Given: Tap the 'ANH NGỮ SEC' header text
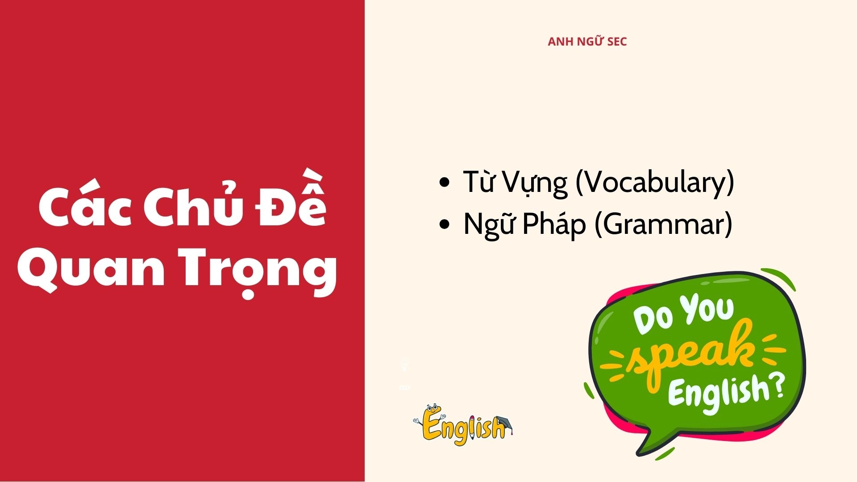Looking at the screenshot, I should click(587, 42).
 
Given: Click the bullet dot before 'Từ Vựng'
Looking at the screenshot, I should click(445, 183).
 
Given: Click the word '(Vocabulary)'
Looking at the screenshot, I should click(655, 182).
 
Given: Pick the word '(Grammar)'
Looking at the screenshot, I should click(663, 224).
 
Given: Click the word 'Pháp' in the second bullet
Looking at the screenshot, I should click(553, 224).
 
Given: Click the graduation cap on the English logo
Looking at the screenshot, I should click(503, 422).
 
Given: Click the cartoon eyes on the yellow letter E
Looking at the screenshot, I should click(432, 407).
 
